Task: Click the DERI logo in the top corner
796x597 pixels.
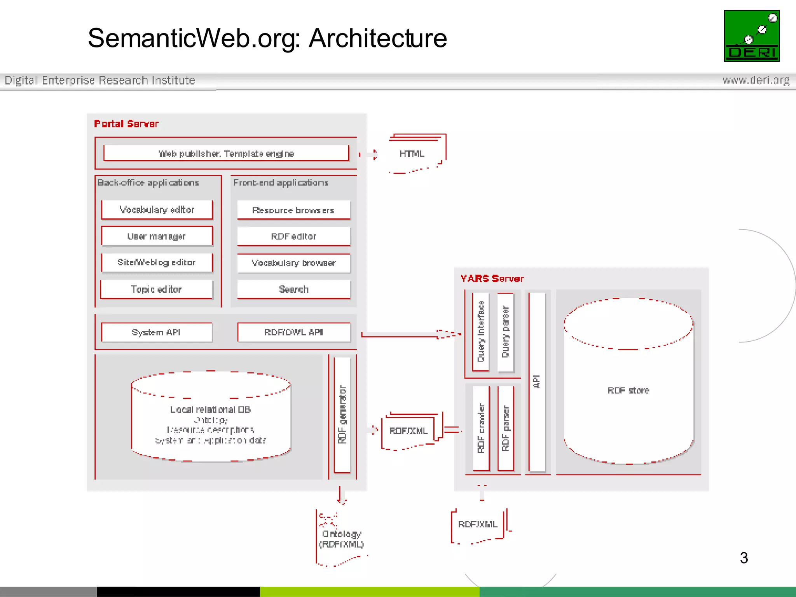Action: click(751, 36)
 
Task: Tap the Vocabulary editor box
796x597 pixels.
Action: click(157, 210)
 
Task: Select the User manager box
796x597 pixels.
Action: click(157, 236)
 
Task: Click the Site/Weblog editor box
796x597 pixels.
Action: click(157, 262)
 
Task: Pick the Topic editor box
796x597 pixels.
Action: click(157, 289)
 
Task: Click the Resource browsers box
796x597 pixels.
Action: click(293, 210)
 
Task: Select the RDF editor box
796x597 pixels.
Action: click(293, 236)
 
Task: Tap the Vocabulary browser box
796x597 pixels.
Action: click(293, 263)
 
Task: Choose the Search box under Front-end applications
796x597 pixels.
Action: click(293, 289)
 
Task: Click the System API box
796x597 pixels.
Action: click(156, 332)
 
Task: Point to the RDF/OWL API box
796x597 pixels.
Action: click(293, 332)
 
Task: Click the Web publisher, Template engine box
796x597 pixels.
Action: click(226, 154)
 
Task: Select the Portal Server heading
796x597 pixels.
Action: click(126, 124)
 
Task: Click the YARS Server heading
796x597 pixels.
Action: click(492, 279)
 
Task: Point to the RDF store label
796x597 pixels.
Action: click(628, 390)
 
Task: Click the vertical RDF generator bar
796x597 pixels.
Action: click(342, 414)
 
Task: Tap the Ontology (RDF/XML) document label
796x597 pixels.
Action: click(341, 539)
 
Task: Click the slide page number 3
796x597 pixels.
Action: click(744, 558)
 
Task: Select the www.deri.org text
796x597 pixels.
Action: click(756, 80)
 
